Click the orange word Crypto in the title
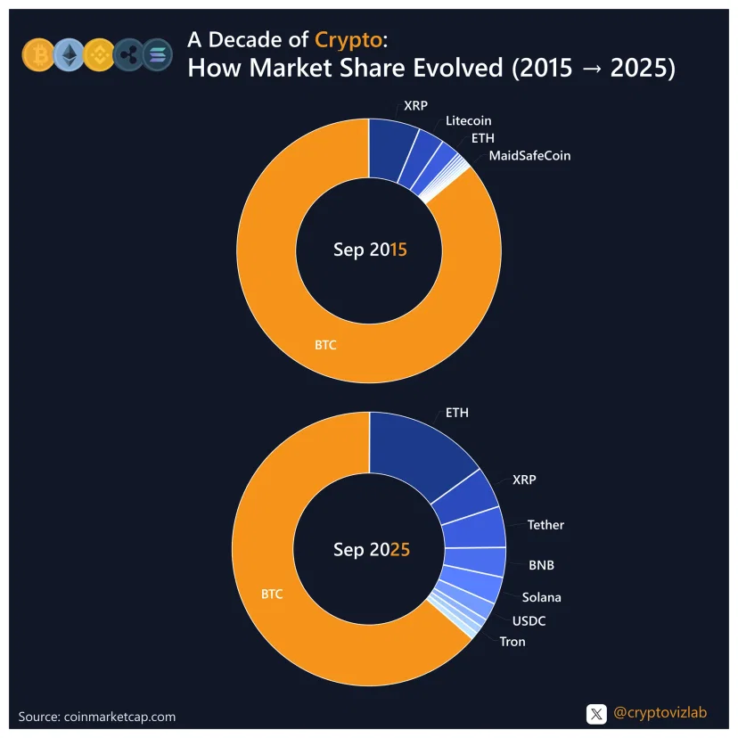[x=349, y=39]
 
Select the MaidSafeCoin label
[x=529, y=156]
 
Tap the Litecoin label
[x=469, y=120]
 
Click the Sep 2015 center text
[x=370, y=250]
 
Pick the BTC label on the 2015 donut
[x=325, y=344]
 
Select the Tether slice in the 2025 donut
[x=472, y=529]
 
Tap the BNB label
[x=542, y=565]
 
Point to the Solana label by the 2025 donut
[x=542, y=597]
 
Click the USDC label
[x=529, y=620]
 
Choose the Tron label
[x=512, y=642]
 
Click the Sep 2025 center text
[x=372, y=550]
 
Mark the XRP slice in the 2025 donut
[x=463, y=495]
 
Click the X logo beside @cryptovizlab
[x=596, y=714]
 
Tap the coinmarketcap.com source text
[x=97, y=717]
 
